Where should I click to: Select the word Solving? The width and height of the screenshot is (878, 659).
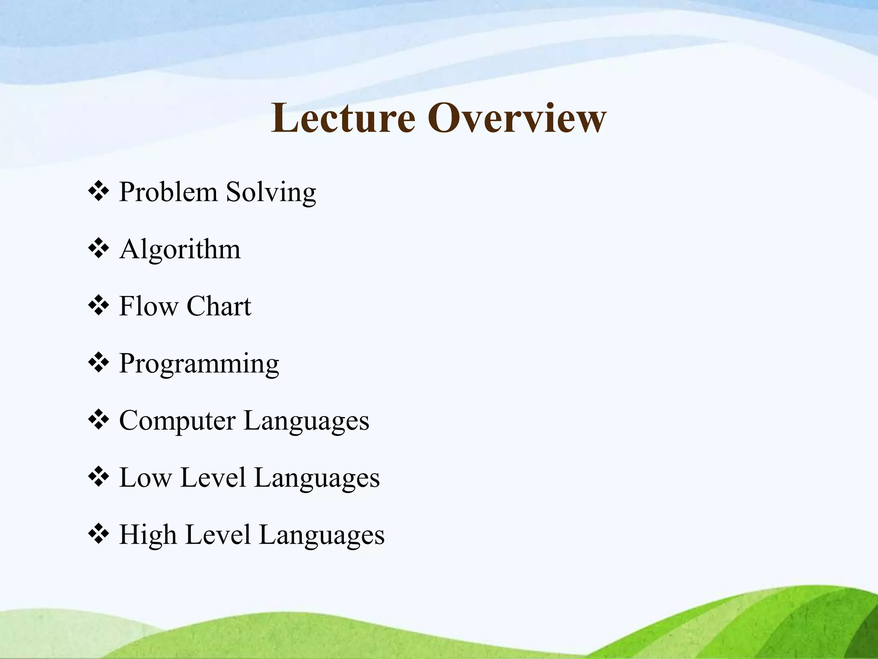(271, 192)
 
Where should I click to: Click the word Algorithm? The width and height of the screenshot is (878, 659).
(180, 249)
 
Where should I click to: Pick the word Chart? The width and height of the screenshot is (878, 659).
(219, 306)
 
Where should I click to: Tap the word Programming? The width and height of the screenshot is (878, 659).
(199, 364)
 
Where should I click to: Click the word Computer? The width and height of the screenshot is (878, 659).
(177, 421)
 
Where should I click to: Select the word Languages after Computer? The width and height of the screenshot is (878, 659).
(306, 421)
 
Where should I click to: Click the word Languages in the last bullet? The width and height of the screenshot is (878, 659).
(322, 535)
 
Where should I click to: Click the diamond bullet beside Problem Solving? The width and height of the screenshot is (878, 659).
(98, 191)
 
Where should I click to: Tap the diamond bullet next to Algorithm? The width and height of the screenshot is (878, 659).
(98, 248)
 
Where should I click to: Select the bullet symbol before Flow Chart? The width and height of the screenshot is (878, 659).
(98, 305)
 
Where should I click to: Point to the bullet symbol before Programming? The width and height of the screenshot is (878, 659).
(98, 363)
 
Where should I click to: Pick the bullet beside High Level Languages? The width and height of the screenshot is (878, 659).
(98, 534)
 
